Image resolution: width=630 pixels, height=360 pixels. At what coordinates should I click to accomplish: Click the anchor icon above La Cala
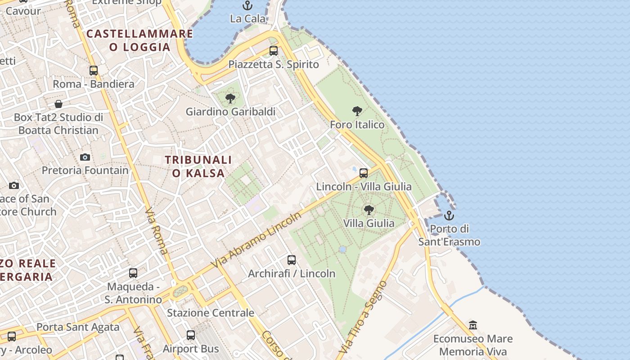pyautogui.click(x=247, y=5)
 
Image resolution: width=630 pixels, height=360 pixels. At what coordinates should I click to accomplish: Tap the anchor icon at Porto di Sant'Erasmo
pyautogui.click(x=449, y=216)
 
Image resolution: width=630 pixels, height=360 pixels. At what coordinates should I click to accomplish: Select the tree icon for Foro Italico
pyautogui.click(x=357, y=111)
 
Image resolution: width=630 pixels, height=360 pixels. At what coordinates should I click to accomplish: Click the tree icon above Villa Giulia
pyautogui.click(x=369, y=210)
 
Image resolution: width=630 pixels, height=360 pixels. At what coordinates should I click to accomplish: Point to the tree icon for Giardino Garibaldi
pyautogui.click(x=230, y=98)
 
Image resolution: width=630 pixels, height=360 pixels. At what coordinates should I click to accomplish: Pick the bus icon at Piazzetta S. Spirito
pyautogui.click(x=274, y=51)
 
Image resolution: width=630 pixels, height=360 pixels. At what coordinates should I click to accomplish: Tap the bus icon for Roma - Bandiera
pyautogui.click(x=94, y=71)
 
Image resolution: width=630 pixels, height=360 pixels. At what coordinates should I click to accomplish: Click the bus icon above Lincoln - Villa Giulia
pyautogui.click(x=364, y=173)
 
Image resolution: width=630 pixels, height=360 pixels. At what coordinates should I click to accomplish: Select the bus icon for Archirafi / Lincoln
pyautogui.click(x=292, y=260)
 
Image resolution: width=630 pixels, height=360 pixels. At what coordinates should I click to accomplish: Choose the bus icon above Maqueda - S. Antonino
pyautogui.click(x=133, y=273)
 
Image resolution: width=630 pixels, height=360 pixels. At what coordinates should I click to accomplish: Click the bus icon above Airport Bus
pyautogui.click(x=191, y=335)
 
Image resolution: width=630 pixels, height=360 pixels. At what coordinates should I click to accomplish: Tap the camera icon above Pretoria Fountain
pyautogui.click(x=85, y=157)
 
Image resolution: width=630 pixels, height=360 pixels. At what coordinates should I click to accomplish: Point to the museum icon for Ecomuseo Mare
pyautogui.click(x=473, y=325)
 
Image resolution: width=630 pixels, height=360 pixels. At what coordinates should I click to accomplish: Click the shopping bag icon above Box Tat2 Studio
pyautogui.click(x=58, y=104)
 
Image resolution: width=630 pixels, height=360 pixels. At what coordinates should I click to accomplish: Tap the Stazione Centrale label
pyautogui.click(x=211, y=313)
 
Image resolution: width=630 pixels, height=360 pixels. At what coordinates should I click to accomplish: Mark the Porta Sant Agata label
pyautogui.click(x=78, y=327)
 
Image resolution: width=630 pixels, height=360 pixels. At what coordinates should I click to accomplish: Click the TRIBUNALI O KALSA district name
pyautogui.click(x=198, y=166)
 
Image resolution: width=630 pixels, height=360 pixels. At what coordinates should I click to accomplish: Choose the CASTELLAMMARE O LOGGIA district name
pyautogui.click(x=139, y=40)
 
